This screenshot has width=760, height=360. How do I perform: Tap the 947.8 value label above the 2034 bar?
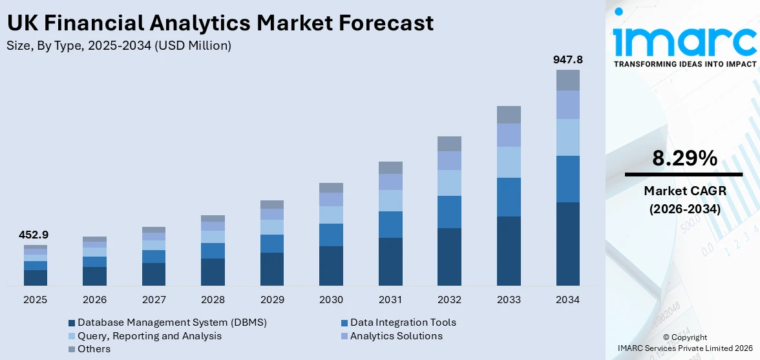tap(568, 59)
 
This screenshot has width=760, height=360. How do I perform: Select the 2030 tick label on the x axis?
tap(331, 300)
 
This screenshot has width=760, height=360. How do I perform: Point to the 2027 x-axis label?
tap(154, 300)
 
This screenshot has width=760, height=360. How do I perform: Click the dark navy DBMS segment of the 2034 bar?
tap(568, 244)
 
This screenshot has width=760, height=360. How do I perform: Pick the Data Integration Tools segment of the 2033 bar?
tap(509, 196)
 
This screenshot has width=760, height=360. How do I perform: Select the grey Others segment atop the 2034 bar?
tap(568, 80)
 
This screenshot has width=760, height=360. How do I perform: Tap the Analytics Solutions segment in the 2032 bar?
tap(449, 160)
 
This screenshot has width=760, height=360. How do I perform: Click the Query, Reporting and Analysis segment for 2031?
tap(390, 200)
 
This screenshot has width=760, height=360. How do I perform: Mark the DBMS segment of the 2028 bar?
tap(213, 272)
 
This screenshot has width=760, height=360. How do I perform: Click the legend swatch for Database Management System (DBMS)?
tap(72, 323)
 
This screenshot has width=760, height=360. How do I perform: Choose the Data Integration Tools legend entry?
tap(403, 323)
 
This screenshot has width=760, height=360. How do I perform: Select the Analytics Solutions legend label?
tap(396, 336)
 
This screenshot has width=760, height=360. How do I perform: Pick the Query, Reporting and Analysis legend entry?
tap(149, 336)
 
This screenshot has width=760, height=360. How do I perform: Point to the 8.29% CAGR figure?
tap(684, 158)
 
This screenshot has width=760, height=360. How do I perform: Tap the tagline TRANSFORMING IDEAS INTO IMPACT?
tap(684, 64)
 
